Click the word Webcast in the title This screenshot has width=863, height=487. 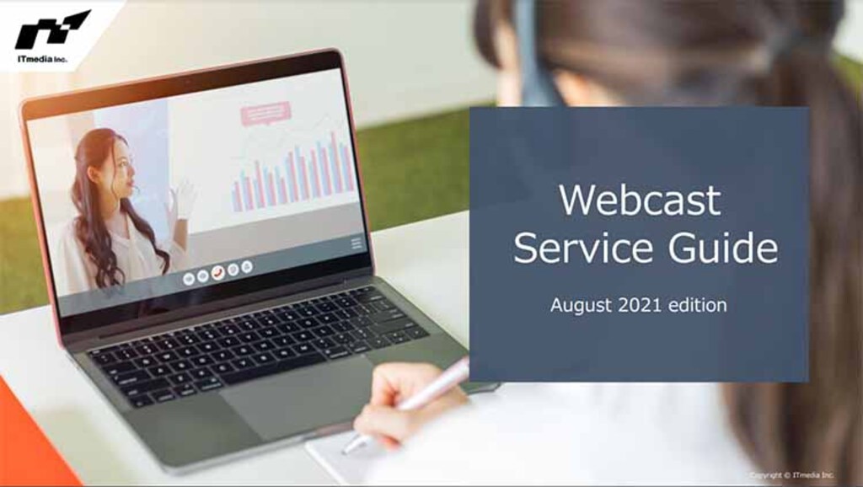point(640,201)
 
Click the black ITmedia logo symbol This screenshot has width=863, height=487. point(52,30)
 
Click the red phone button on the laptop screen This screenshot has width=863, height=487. point(217,271)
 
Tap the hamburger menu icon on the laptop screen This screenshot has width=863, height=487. point(356,243)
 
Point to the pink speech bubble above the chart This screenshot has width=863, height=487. point(265,113)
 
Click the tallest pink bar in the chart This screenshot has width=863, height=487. point(334,160)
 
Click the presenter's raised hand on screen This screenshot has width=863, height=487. point(184,201)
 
